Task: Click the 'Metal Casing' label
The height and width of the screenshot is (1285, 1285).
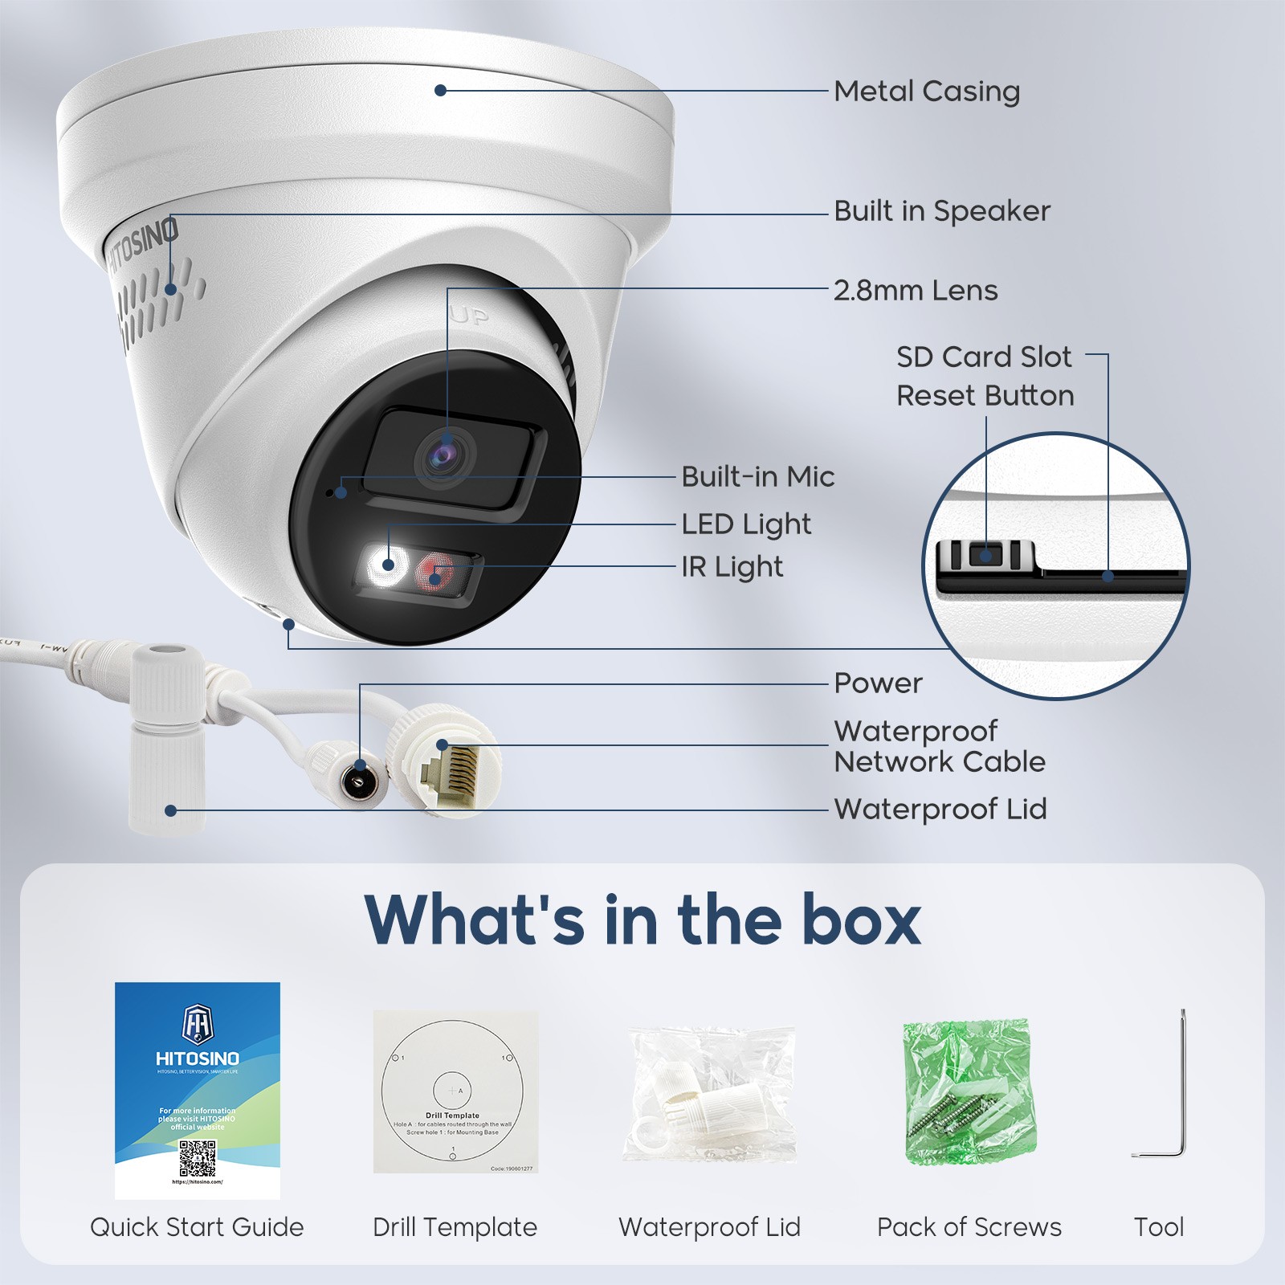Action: click(x=926, y=92)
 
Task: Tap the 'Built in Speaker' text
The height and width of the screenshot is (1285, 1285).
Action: click(x=941, y=211)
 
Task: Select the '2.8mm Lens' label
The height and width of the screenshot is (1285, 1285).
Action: click(x=915, y=291)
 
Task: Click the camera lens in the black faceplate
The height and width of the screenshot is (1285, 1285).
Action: click(x=443, y=457)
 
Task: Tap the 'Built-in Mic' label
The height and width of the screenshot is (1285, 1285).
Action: click(x=757, y=477)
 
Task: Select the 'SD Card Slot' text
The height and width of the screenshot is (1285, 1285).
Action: click(x=983, y=357)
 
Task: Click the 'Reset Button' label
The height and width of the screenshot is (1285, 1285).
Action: click(x=985, y=396)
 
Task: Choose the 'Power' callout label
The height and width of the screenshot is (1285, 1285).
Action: click(x=878, y=683)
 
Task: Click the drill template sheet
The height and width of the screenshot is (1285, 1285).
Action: click(x=455, y=1091)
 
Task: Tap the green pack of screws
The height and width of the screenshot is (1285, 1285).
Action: click(x=969, y=1092)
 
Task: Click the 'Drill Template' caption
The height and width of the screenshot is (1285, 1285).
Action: click(x=455, y=1227)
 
